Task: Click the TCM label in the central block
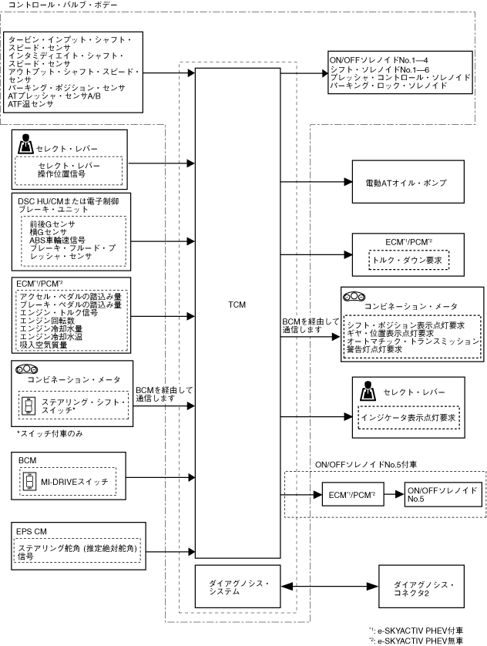tap(237, 304)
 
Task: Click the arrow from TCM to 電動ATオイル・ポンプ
tap(315, 183)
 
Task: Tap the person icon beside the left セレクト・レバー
tap(25, 143)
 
